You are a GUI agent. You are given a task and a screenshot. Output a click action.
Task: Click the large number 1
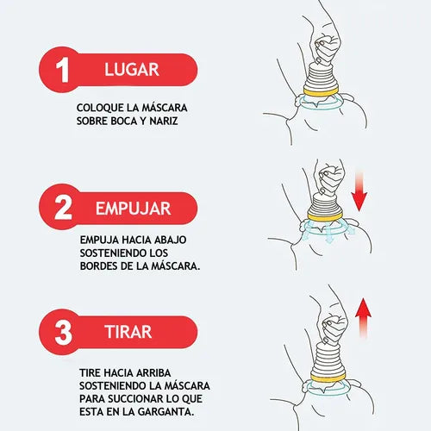[x=62, y=70]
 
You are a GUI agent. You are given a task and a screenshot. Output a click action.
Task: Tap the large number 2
[x=63, y=208]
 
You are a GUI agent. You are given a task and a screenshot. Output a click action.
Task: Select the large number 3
[x=63, y=333]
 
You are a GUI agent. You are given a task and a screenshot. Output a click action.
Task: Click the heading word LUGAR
[x=132, y=70]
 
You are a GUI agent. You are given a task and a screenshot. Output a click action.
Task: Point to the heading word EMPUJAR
[x=134, y=209]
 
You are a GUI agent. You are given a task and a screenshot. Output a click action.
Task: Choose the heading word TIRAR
[x=128, y=332]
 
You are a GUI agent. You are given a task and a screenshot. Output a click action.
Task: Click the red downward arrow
[x=359, y=191]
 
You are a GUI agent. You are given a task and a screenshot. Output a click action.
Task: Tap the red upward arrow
[x=363, y=318]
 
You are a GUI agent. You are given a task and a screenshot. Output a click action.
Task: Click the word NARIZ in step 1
[x=164, y=121]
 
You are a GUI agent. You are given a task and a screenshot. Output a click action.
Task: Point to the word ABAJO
[x=171, y=240]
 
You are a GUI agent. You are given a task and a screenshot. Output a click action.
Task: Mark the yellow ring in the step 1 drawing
[x=321, y=91]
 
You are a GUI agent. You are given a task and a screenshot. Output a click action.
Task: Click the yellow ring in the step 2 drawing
[x=325, y=216]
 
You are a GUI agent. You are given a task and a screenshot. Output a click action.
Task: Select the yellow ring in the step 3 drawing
[x=328, y=378]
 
